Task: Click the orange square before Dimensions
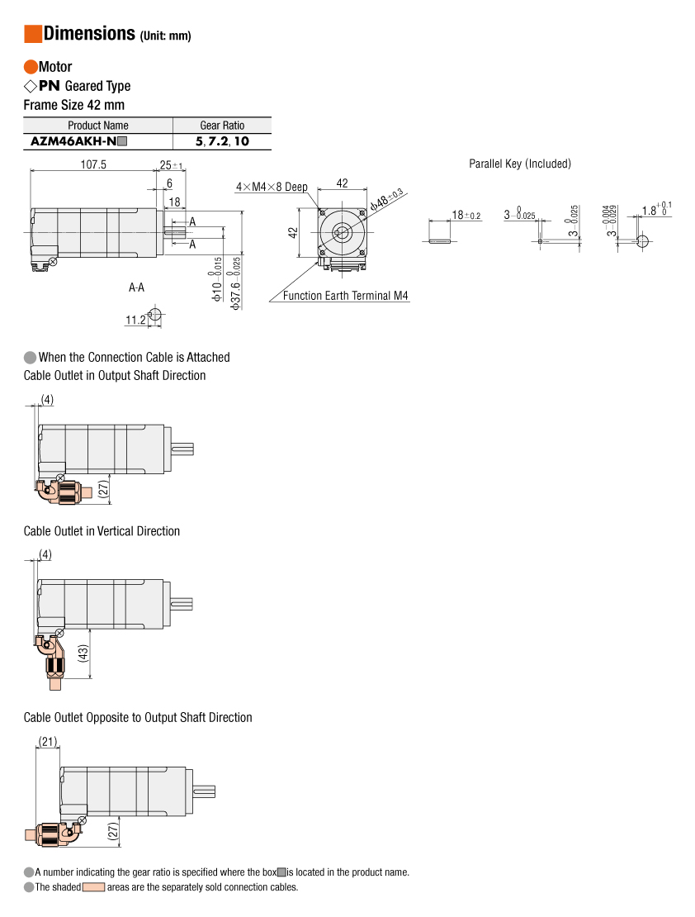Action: pos(33,34)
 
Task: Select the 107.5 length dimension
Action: pos(93,164)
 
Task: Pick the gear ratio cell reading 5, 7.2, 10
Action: pos(222,141)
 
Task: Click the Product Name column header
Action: pos(97,126)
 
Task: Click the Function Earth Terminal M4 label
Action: pos(345,296)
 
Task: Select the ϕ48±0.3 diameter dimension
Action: pos(386,198)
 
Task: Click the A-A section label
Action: pos(136,288)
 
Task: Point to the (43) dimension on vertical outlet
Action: pos(83,653)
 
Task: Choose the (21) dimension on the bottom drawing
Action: pos(48,741)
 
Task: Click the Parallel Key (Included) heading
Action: pos(519,164)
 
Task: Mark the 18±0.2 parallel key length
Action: pos(466,216)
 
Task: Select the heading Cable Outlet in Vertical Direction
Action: pos(102,531)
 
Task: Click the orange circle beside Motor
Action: pos(31,67)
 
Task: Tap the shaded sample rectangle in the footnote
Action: pos(93,887)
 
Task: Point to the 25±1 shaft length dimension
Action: pos(172,165)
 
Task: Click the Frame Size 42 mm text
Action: pos(74,105)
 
